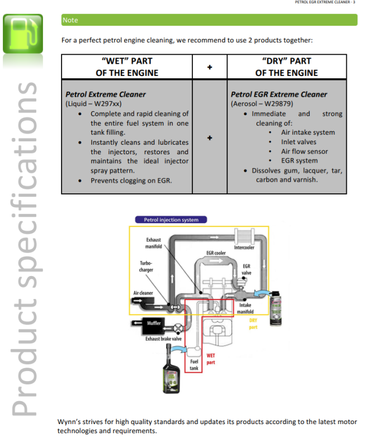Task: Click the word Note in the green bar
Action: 70,21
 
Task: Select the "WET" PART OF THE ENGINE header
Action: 127,66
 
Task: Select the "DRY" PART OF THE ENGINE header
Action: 286,66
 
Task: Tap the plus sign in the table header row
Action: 210,67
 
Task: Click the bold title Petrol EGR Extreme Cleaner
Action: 279,94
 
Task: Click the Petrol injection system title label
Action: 171,220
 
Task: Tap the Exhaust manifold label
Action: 153,243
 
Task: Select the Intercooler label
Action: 244,248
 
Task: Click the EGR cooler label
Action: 216,253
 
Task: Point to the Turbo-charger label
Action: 146,267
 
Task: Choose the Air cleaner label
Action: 143,293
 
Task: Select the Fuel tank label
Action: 193,365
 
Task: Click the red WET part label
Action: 211,359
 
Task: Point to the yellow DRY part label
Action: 253,324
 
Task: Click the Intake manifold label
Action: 245,308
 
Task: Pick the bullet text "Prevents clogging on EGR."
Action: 131,180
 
